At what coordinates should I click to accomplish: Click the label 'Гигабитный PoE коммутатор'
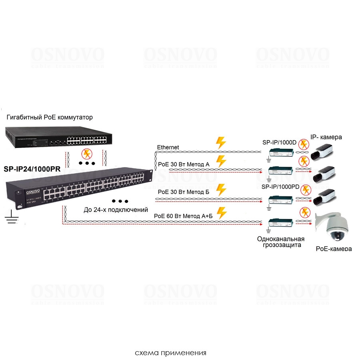pos(50,117)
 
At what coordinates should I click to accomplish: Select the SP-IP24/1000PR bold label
pos(32,169)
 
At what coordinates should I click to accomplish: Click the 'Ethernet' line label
pos(168,148)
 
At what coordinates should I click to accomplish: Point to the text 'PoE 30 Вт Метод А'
pos(184,164)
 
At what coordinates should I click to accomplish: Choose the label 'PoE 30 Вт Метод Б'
pos(184,192)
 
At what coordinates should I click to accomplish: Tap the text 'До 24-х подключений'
pos(116,210)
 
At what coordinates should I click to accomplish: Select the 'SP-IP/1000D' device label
pos(279,142)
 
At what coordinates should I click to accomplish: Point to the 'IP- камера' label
pos(326,137)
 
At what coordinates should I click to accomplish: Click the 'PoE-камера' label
pos(334,249)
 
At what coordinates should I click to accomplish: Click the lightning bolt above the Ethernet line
pos(220,143)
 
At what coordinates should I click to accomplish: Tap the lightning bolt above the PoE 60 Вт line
pos(220,212)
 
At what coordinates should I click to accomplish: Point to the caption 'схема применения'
pos(171,353)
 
